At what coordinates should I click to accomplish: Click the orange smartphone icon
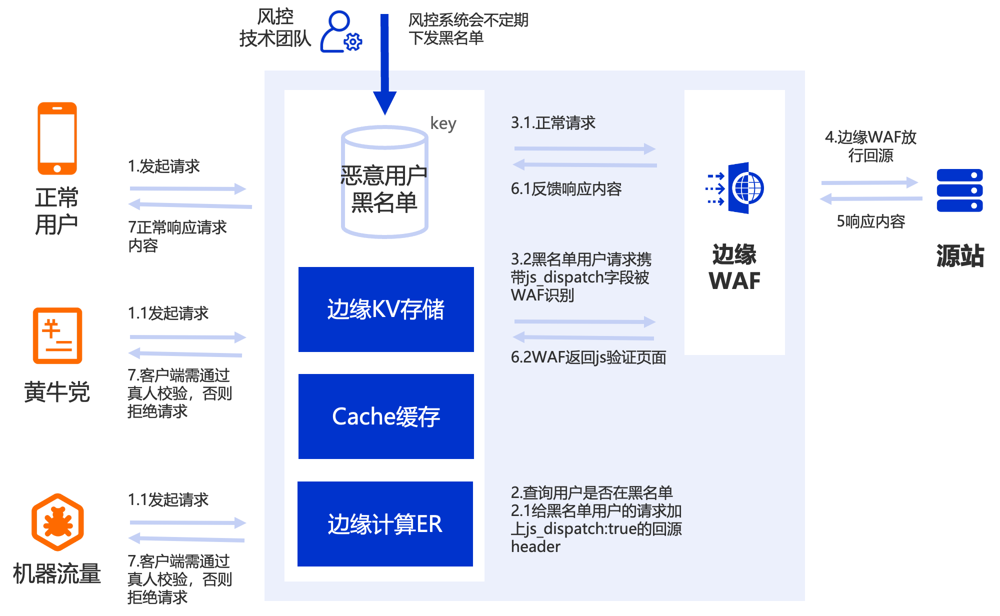(x=57, y=138)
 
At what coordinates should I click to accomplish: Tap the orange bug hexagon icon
(x=57, y=522)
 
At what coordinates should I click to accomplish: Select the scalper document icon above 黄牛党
(x=57, y=335)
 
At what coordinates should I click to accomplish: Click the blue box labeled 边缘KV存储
(x=386, y=309)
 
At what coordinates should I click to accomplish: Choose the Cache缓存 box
(x=386, y=416)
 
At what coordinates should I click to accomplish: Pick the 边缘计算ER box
(x=385, y=524)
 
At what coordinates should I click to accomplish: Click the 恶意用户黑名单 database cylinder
(x=384, y=181)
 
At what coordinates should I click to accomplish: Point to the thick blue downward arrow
(x=384, y=64)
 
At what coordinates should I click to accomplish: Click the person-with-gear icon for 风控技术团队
(x=341, y=31)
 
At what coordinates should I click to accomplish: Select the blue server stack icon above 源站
(x=959, y=190)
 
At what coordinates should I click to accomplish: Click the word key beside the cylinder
(x=443, y=123)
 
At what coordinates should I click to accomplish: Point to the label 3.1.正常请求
(x=553, y=122)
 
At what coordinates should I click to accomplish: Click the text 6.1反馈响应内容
(x=566, y=188)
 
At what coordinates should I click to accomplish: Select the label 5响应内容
(x=871, y=221)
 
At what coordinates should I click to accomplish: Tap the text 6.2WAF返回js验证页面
(x=588, y=357)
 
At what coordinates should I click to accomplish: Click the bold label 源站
(x=960, y=255)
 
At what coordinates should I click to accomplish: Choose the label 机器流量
(x=57, y=573)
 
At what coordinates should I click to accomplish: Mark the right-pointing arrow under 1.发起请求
(x=188, y=188)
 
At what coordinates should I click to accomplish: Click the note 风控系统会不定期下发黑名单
(x=468, y=29)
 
